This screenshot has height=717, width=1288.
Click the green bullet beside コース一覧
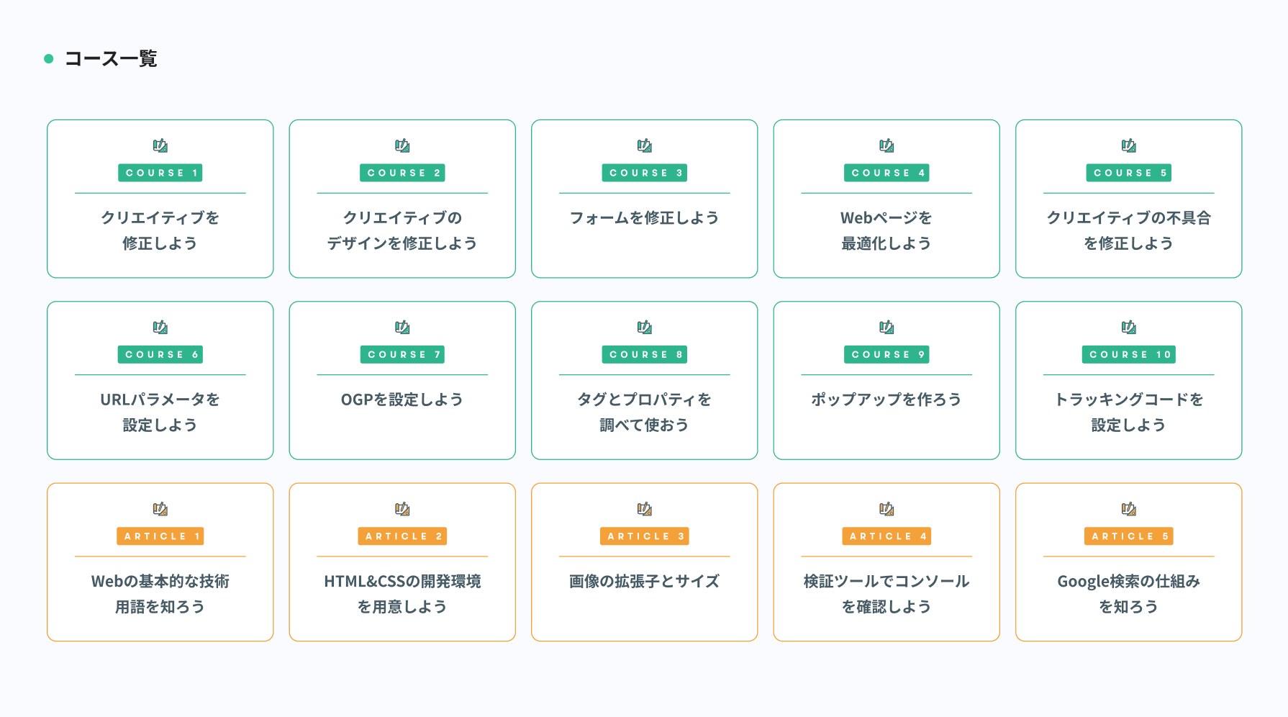[49, 59]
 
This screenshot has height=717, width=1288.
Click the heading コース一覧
[111, 59]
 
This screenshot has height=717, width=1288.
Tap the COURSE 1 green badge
[160, 173]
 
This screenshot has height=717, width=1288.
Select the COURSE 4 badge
[886, 173]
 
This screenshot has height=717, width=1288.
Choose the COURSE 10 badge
[1128, 354]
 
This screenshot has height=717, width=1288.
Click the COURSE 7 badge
[402, 354]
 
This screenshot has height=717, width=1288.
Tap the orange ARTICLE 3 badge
[644, 536]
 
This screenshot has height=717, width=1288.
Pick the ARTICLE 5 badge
[1128, 536]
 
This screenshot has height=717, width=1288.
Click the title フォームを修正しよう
[644, 218]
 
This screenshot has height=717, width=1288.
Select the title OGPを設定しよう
[402, 400]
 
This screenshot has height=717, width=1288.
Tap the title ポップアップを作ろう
[886, 400]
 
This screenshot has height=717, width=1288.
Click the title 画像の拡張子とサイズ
[644, 582]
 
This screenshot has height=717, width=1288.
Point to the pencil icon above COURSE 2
[402, 146]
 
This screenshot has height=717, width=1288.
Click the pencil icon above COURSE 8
[644, 328]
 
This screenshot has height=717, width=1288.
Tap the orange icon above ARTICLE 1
[160, 510]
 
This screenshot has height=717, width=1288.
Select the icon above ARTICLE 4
[886, 510]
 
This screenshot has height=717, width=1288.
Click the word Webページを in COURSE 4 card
[886, 218]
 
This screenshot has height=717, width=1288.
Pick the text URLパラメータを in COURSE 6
[160, 400]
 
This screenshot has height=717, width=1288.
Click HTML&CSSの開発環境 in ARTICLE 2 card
[402, 582]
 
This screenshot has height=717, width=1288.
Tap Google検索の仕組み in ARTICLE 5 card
[1128, 582]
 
